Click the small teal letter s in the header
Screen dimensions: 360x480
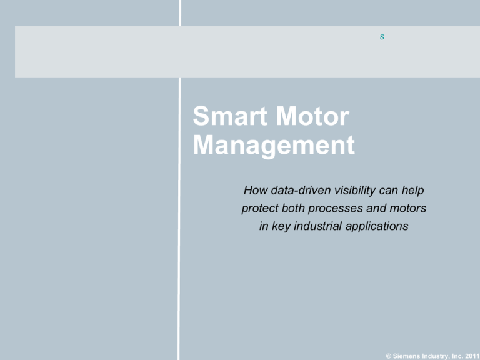point(381,37)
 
